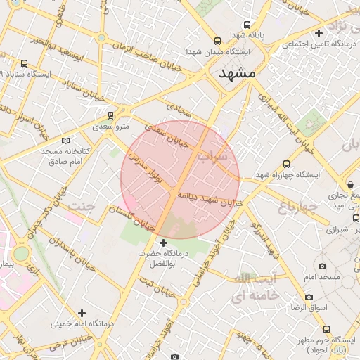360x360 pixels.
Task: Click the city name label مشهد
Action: click(x=238, y=73)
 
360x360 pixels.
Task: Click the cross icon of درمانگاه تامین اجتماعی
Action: click(x=319, y=33)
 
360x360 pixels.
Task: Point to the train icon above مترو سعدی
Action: click(x=110, y=115)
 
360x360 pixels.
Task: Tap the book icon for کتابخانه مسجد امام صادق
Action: click(x=66, y=141)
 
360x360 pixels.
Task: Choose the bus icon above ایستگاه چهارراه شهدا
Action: click(x=286, y=162)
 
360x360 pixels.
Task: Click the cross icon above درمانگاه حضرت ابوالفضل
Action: click(x=164, y=243)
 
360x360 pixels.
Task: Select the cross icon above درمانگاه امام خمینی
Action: click(x=82, y=313)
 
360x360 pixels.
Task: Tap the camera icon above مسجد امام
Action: click(x=322, y=266)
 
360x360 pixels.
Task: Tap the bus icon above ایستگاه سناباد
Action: click(x=25, y=63)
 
